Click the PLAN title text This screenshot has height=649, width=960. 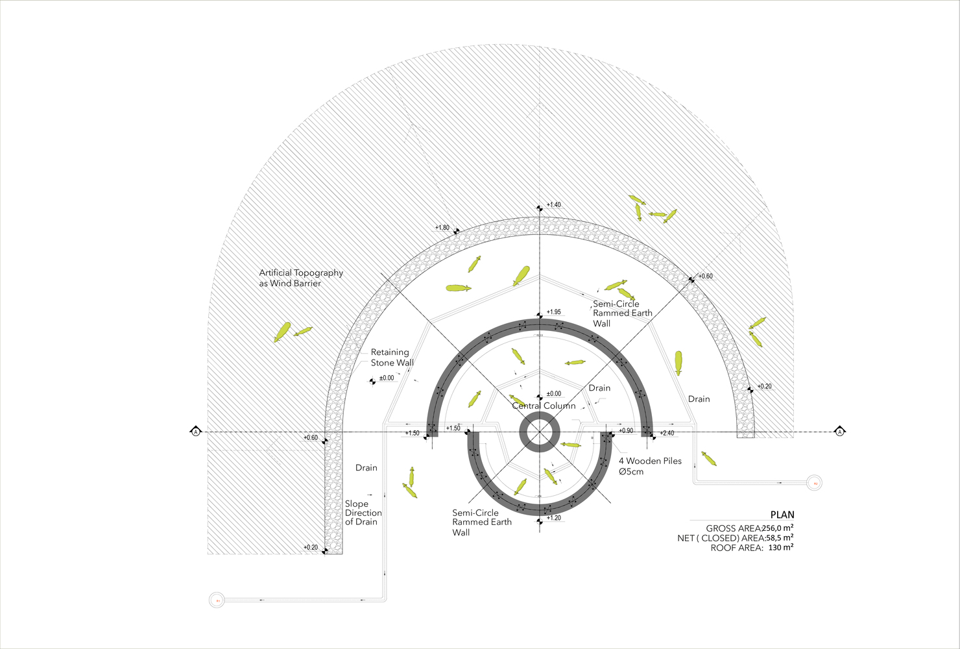tap(782, 515)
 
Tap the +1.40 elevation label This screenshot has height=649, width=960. tap(553, 205)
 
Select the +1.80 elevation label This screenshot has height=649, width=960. tap(442, 228)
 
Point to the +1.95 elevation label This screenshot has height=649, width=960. tap(553, 312)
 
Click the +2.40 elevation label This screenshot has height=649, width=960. tap(667, 434)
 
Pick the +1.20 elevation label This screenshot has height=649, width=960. tap(553, 518)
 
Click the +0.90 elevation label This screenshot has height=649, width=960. tap(626, 431)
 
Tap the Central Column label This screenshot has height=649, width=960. tap(544, 406)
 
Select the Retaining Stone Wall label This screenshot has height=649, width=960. tap(392, 358)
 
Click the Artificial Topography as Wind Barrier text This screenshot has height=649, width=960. tap(301, 278)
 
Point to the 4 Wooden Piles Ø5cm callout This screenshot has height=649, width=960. tap(650, 466)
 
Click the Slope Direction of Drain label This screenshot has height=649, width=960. tap(363, 513)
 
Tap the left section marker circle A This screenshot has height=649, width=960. tap(196, 432)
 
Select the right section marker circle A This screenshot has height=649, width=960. tap(839, 432)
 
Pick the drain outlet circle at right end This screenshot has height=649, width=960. tap(815, 484)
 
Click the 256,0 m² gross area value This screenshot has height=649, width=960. tap(778, 528)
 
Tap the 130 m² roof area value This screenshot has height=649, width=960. tap(781, 547)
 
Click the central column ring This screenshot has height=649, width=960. tap(538, 432)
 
